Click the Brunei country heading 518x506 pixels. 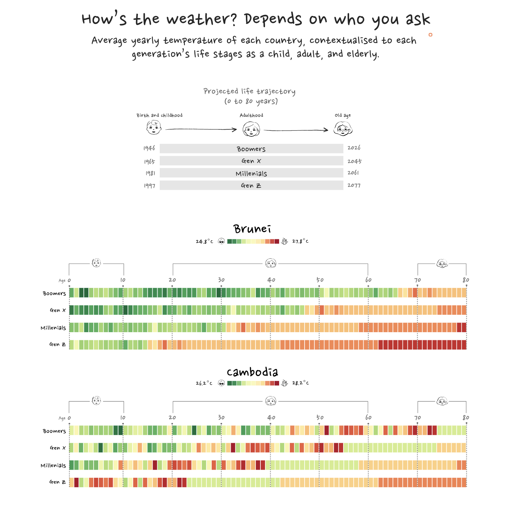[x=252, y=229]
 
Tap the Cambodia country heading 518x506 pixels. [x=252, y=372]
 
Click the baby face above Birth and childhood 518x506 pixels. [x=154, y=127]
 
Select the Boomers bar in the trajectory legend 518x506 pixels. [x=251, y=149]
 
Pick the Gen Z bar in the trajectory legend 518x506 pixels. [x=251, y=186]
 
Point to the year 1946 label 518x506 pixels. [x=149, y=148]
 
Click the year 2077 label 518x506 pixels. [x=354, y=185]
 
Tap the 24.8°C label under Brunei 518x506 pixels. [x=205, y=242]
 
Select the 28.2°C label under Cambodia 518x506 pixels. [x=300, y=383]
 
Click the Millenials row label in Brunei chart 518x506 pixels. [x=53, y=328]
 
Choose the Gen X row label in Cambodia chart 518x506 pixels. [x=58, y=448]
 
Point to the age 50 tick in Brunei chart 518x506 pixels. [x=320, y=280]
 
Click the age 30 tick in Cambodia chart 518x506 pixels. [x=221, y=418]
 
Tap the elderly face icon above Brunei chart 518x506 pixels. [x=442, y=263]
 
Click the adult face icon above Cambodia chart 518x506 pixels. [x=271, y=401]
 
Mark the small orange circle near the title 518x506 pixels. [x=430, y=35]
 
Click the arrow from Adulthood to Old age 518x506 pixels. [x=296, y=130]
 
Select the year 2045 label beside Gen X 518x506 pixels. [x=354, y=161]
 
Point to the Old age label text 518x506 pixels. [x=343, y=115]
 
